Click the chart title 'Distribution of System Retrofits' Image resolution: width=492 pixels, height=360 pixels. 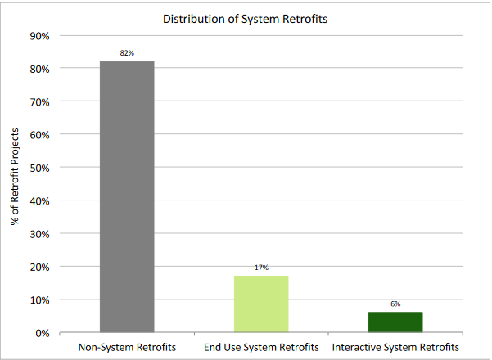(246, 19)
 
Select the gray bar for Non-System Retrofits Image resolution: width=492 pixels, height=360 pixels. (127, 196)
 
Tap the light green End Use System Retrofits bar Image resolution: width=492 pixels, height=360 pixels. (261, 304)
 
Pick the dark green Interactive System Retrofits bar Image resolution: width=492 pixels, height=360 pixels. (395, 322)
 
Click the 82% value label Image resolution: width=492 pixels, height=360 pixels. (127, 53)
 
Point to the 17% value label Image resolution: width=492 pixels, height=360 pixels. (261, 268)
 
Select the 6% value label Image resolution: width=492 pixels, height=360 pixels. (395, 304)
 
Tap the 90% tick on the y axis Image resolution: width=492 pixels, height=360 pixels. (41, 36)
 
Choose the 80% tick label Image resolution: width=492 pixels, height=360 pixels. (41, 69)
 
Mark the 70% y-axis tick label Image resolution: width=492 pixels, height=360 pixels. (41, 102)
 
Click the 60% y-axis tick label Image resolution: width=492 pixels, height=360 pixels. (41, 135)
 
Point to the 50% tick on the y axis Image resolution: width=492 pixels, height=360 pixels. (41, 168)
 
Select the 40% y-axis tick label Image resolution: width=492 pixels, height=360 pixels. (41, 200)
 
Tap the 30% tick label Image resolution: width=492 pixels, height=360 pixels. (41, 234)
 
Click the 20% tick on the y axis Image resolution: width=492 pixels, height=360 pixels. (41, 267)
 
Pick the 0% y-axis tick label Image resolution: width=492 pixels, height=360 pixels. (43, 333)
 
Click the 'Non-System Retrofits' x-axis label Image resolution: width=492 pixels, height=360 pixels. (127, 347)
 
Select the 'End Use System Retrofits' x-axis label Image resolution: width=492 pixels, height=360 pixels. (261, 347)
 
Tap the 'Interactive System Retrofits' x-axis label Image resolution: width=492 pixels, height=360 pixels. (395, 347)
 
